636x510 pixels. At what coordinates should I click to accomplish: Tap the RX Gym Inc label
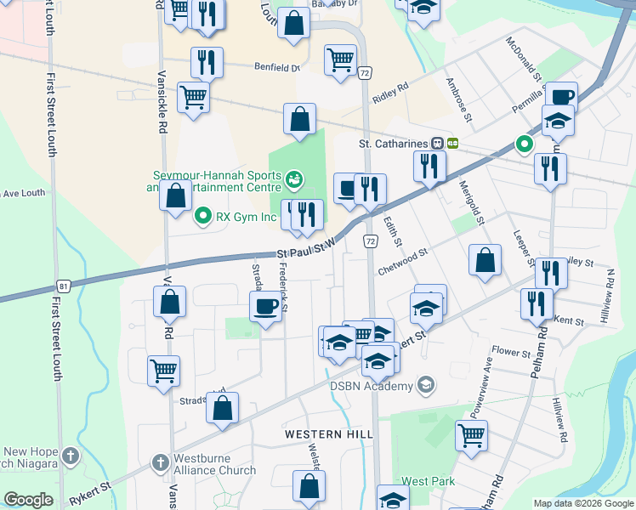click(x=247, y=217)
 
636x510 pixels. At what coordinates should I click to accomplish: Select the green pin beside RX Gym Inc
click(x=202, y=216)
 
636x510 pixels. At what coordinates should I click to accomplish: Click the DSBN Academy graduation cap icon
click(x=426, y=385)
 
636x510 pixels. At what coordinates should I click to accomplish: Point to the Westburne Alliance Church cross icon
click(x=159, y=463)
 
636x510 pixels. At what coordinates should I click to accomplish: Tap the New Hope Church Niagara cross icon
click(x=70, y=457)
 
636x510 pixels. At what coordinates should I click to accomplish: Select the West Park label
click(x=428, y=481)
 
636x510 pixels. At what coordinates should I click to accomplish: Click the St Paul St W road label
click(x=308, y=252)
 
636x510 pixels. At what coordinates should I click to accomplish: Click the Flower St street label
click(x=511, y=350)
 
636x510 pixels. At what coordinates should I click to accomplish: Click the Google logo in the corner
click(x=28, y=500)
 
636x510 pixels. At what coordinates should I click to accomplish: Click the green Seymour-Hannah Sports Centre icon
click(x=294, y=178)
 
